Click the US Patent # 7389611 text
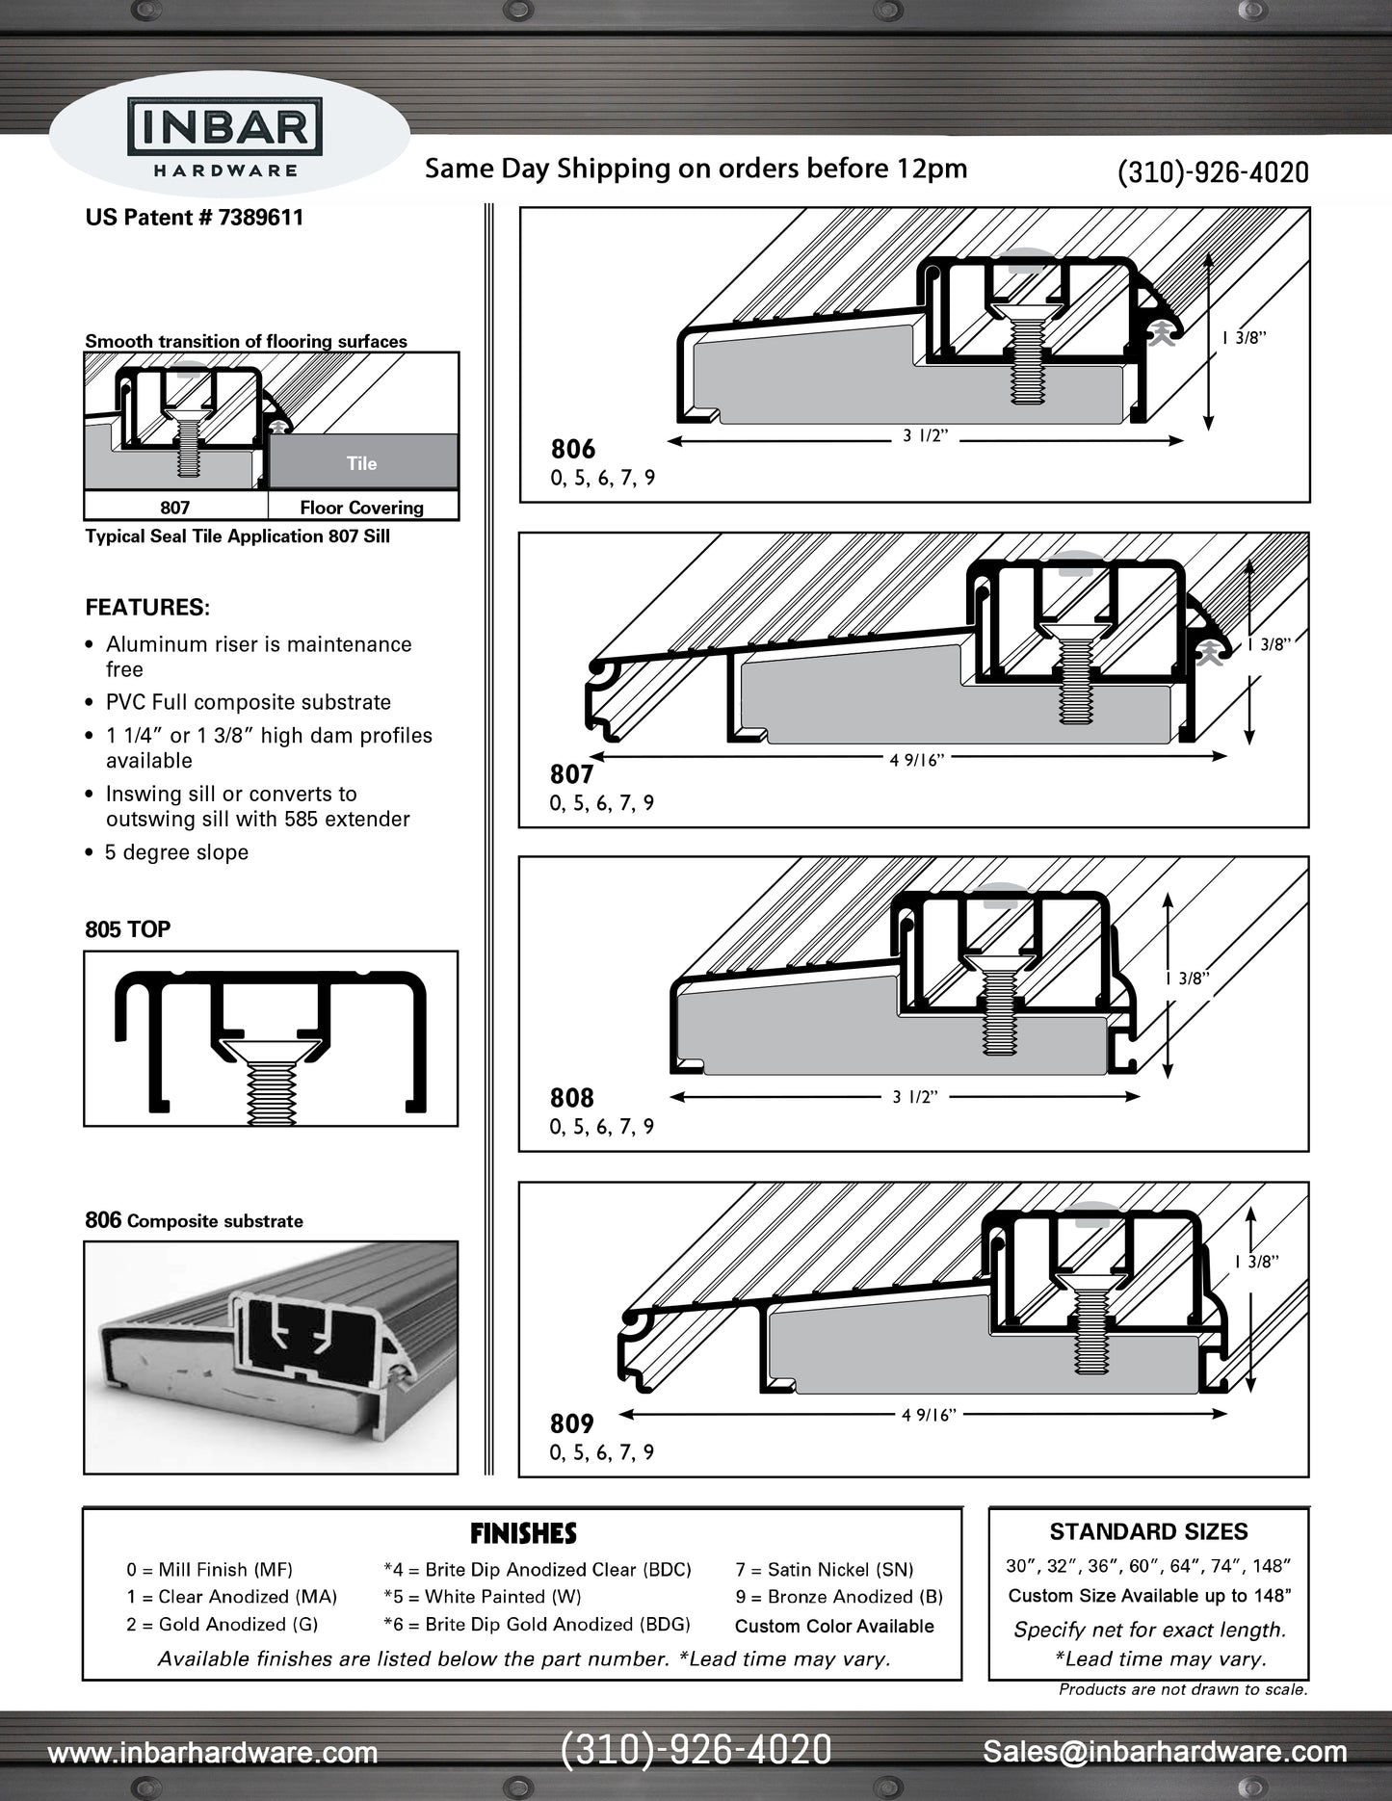tap(194, 218)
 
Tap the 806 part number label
tap(573, 449)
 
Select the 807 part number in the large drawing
tap(571, 774)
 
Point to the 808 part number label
tap(571, 1098)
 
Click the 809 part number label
tap(571, 1423)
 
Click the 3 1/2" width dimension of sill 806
tap(925, 436)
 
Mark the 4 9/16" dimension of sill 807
tap(916, 760)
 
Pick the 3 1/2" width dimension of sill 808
tap(914, 1097)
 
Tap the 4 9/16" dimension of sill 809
tap(928, 1415)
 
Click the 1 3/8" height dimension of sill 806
tap(1244, 338)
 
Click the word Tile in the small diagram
tap(361, 463)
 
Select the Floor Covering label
tap(361, 508)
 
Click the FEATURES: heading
tap(147, 608)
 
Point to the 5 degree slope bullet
tap(176, 852)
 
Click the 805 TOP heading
tap(127, 929)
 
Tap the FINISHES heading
tap(523, 1533)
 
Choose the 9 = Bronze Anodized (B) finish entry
tap(838, 1597)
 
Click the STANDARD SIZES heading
tap(1148, 1531)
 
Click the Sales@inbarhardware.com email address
tap(1164, 1752)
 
